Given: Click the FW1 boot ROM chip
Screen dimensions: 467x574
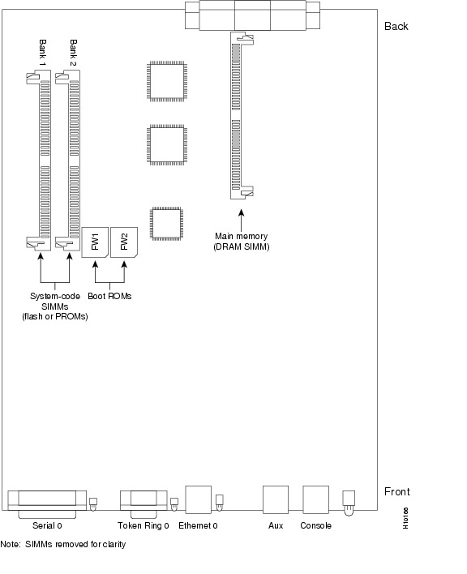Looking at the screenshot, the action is click(95, 242).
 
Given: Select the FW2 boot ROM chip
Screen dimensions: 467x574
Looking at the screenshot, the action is click(124, 242).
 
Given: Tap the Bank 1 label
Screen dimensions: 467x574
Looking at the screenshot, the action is click(42, 53).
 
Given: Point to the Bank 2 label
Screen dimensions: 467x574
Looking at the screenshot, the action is click(73, 53).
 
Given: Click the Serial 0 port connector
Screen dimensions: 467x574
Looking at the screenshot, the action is click(47, 503).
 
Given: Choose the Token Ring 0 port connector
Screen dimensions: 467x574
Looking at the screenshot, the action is click(144, 503).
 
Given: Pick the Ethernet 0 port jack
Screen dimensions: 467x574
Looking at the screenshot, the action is click(199, 499).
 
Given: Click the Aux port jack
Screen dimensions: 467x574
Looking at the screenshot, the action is click(276, 499).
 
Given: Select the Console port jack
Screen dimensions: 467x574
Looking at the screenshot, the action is click(316, 499).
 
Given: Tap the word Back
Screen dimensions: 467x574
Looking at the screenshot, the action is click(396, 27).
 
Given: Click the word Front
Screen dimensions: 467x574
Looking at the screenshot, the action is click(397, 491).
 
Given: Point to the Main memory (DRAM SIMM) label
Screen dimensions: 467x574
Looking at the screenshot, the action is click(241, 242).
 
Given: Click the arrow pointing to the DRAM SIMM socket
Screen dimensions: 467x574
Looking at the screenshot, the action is click(241, 220).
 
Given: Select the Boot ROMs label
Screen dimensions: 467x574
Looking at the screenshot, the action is click(109, 296).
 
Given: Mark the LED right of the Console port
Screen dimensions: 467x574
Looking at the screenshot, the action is click(349, 503).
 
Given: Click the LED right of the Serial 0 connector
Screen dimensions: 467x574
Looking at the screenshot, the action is click(93, 504).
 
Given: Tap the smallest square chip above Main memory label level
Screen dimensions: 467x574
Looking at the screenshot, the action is click(166, 224).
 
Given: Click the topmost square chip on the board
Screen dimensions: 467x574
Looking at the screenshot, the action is click(167, 81).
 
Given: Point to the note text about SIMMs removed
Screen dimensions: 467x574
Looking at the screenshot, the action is click(63, 544).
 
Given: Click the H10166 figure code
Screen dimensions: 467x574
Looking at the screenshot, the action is click(405, 518).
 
